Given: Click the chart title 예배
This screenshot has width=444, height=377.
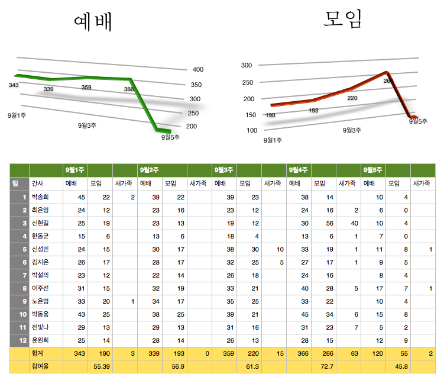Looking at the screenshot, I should click(93, 21).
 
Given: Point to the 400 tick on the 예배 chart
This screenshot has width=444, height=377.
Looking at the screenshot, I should click(198, 69).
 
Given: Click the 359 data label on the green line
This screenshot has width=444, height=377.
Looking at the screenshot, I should click(86, 88).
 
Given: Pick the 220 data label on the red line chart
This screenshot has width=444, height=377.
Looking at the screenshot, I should click(352, 98).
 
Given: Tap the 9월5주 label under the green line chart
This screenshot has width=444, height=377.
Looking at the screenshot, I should click(170, 137).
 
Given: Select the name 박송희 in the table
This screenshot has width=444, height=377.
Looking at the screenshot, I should click(41, 197).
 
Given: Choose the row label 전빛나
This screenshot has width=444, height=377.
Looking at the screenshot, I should click(41, 327).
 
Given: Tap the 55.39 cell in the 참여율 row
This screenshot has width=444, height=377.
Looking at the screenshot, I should click(102, 367).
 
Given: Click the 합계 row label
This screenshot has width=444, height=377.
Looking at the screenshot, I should click(37, 353).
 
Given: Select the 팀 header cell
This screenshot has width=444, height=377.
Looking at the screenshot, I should click(17, 183).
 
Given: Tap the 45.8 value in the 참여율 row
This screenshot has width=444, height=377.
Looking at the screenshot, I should click(401, 367).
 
